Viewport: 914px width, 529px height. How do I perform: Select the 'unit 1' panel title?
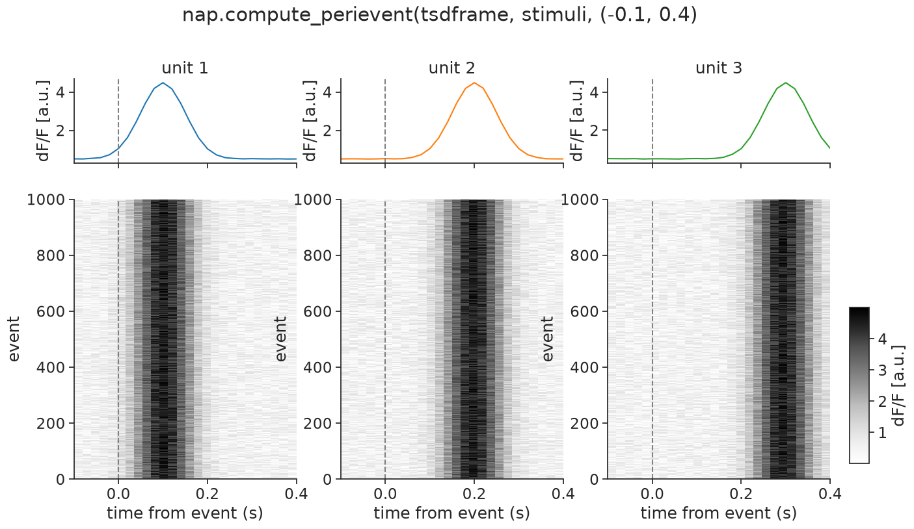[185, 68]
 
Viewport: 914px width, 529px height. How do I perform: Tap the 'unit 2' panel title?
[451, 68]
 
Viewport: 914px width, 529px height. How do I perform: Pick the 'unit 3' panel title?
[719, 68]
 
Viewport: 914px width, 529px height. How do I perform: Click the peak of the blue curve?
[163, 83]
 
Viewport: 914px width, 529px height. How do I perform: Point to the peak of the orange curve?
[474, 83]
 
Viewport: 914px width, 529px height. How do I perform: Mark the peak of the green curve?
[785, 83]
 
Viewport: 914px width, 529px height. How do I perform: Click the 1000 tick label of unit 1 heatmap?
[46, 200]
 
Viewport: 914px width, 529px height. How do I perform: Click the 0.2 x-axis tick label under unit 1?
[208, 494]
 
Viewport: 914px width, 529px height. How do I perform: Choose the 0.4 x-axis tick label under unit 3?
[829, 494]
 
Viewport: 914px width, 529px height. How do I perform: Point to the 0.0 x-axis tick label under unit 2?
[385, 494]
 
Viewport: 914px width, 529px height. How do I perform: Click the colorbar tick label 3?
[882, 370]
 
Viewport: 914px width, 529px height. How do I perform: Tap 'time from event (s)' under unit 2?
[451, 513]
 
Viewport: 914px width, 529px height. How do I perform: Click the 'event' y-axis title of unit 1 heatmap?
[14, 339]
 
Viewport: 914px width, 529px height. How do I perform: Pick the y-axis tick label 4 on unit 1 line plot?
[60, 92]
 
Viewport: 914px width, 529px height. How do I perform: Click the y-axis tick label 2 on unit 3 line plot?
[594, 131]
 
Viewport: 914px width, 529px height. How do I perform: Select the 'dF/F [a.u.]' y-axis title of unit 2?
[310, 121]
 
